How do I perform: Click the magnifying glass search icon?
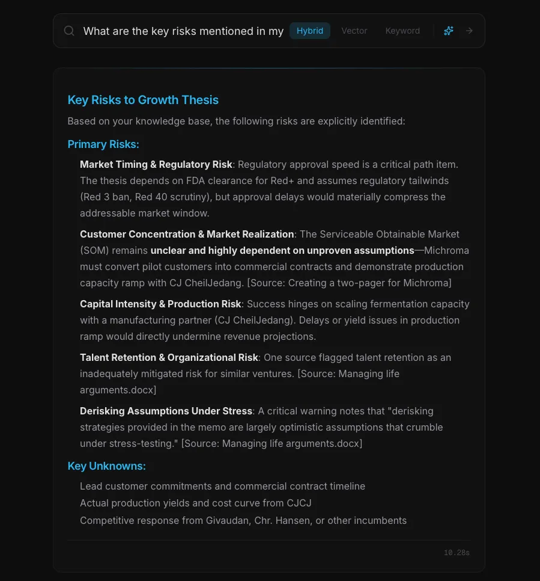69,31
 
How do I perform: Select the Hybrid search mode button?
310,31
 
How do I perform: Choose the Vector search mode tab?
354,31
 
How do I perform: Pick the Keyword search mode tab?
402,31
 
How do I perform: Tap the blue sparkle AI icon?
449,31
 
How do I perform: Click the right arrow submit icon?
470,31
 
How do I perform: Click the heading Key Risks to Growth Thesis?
143,100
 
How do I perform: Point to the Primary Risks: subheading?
103,144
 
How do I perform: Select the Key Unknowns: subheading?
106,466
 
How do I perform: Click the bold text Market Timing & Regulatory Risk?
156,164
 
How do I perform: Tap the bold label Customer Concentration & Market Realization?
187,234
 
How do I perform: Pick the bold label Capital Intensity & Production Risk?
160,304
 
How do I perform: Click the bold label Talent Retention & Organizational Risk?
169,357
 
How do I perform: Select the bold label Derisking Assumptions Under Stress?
166,411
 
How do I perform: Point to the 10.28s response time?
457,553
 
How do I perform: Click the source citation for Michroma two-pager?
349,283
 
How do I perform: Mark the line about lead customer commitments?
222,486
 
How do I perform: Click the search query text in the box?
183,31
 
